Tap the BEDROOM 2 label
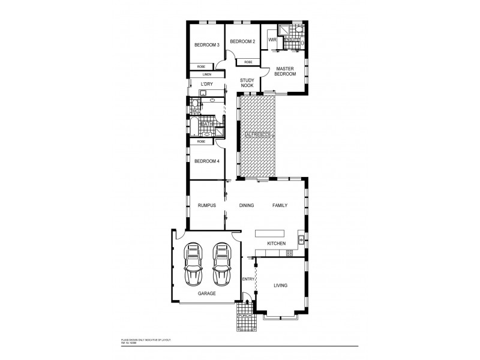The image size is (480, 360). pos(243,41)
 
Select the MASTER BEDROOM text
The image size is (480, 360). pos(286,71)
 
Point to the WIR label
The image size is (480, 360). pos(272,40)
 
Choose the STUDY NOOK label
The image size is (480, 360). pos(247,83)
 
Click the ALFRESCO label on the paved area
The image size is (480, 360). pos(257,136)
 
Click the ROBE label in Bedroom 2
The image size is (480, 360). pos(248,62)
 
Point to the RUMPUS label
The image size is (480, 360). pos(206,205)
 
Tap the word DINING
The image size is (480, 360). pos(247,205)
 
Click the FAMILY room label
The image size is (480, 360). pos(280,205)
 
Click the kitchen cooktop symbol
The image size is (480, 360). pos(289,253)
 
